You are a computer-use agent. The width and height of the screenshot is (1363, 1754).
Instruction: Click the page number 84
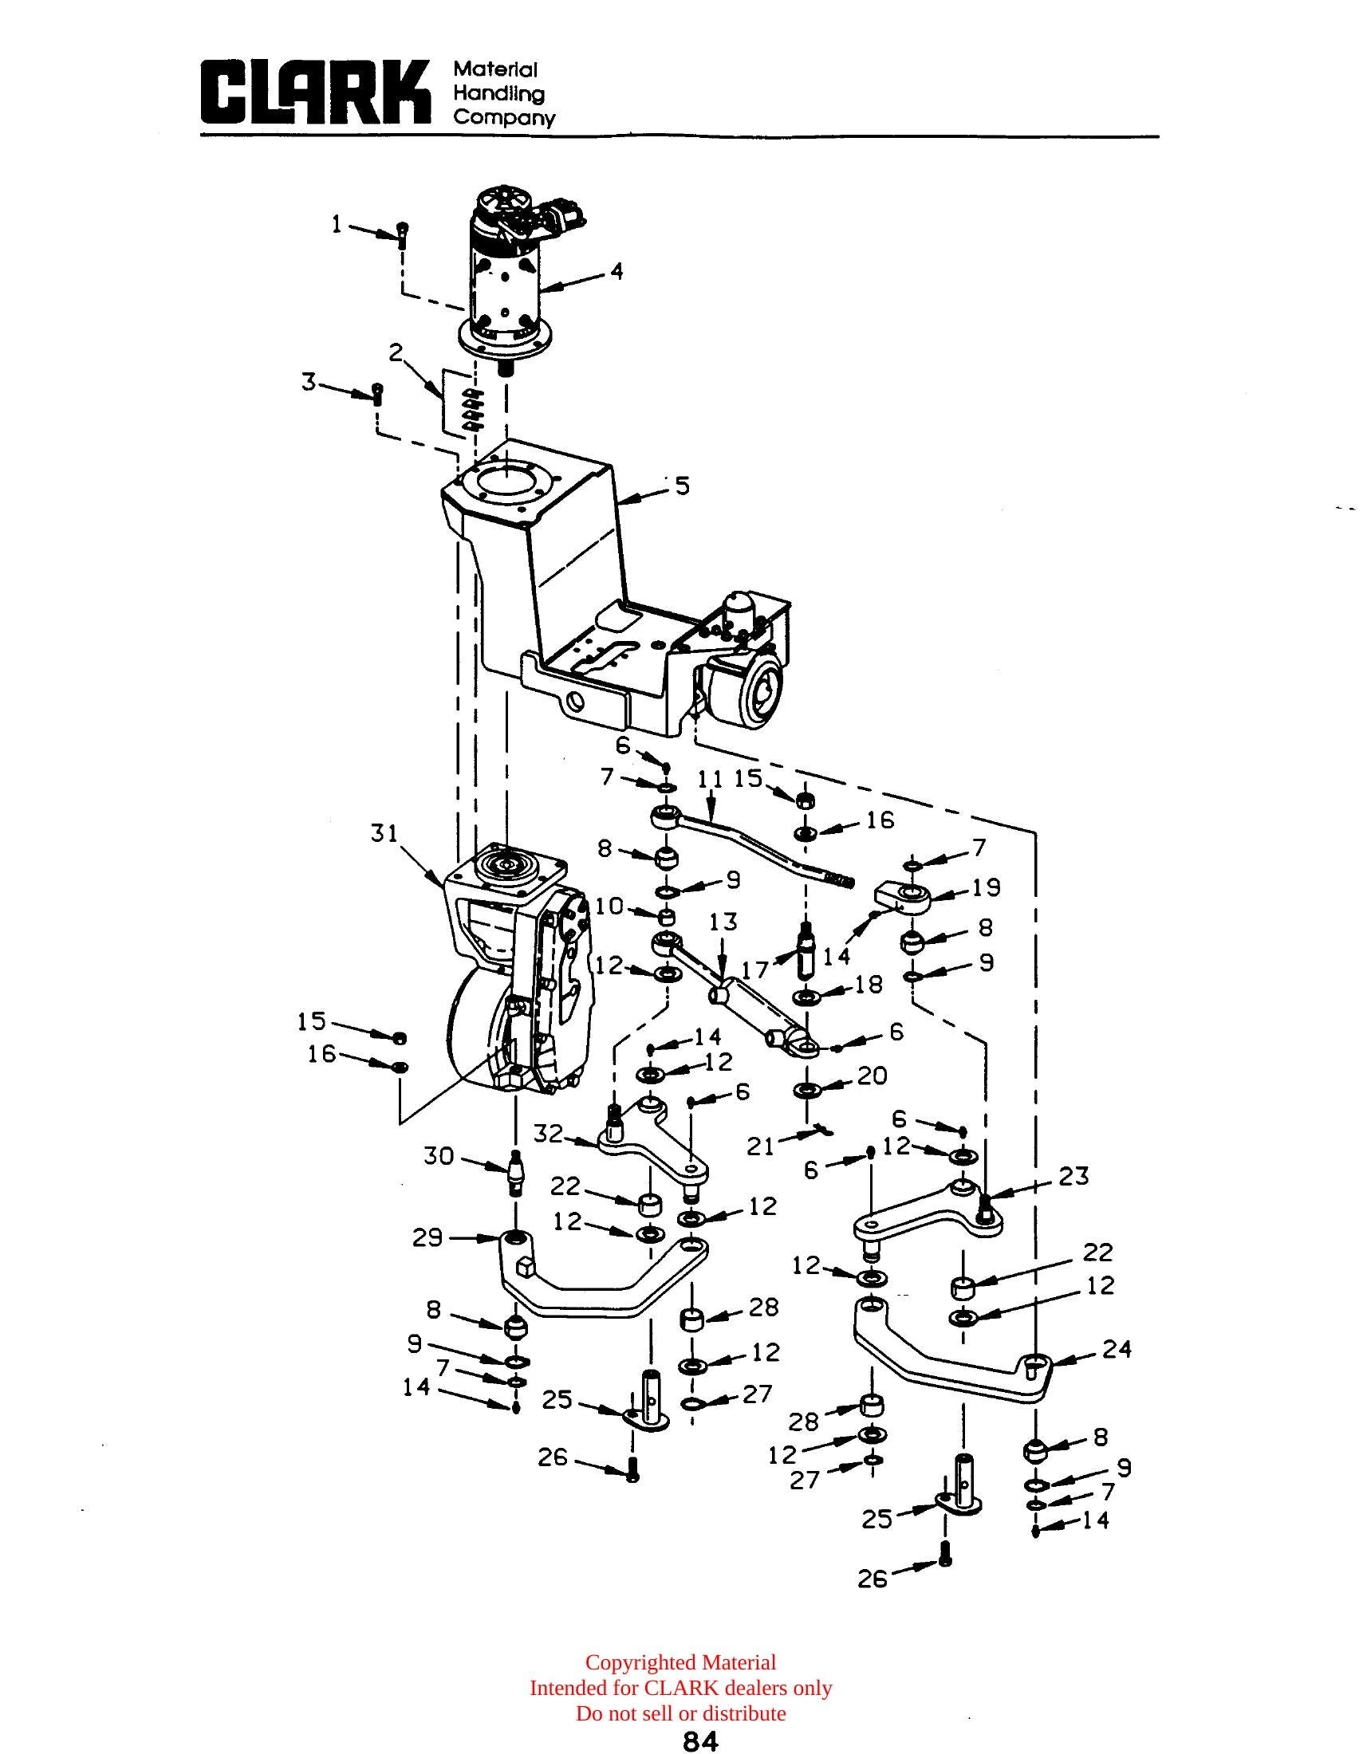[x=700, y=1740]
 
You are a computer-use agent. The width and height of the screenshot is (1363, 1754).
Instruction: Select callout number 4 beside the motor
[x=616, y=272]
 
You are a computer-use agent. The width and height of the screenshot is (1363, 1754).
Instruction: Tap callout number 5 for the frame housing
[x=682, y=486]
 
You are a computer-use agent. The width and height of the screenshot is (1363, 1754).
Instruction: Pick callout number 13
[x=723, y=921]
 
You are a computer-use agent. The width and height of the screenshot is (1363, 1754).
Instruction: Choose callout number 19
[x=987, y=887]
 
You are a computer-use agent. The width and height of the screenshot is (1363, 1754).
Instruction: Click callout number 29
[x=428, y=1237]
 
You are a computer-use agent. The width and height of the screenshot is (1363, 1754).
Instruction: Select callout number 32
[x=549, y=1134]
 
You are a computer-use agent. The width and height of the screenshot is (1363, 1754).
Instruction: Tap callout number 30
[x=440, y=1157]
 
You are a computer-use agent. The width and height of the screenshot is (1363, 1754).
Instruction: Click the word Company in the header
[x=504, y=118]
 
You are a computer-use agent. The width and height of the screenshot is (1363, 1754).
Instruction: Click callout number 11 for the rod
[x=711, y=779]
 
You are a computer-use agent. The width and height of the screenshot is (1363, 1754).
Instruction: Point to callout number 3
[x=309, y=383]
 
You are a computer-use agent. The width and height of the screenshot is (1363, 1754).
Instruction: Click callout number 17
[x=755, y=970]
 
